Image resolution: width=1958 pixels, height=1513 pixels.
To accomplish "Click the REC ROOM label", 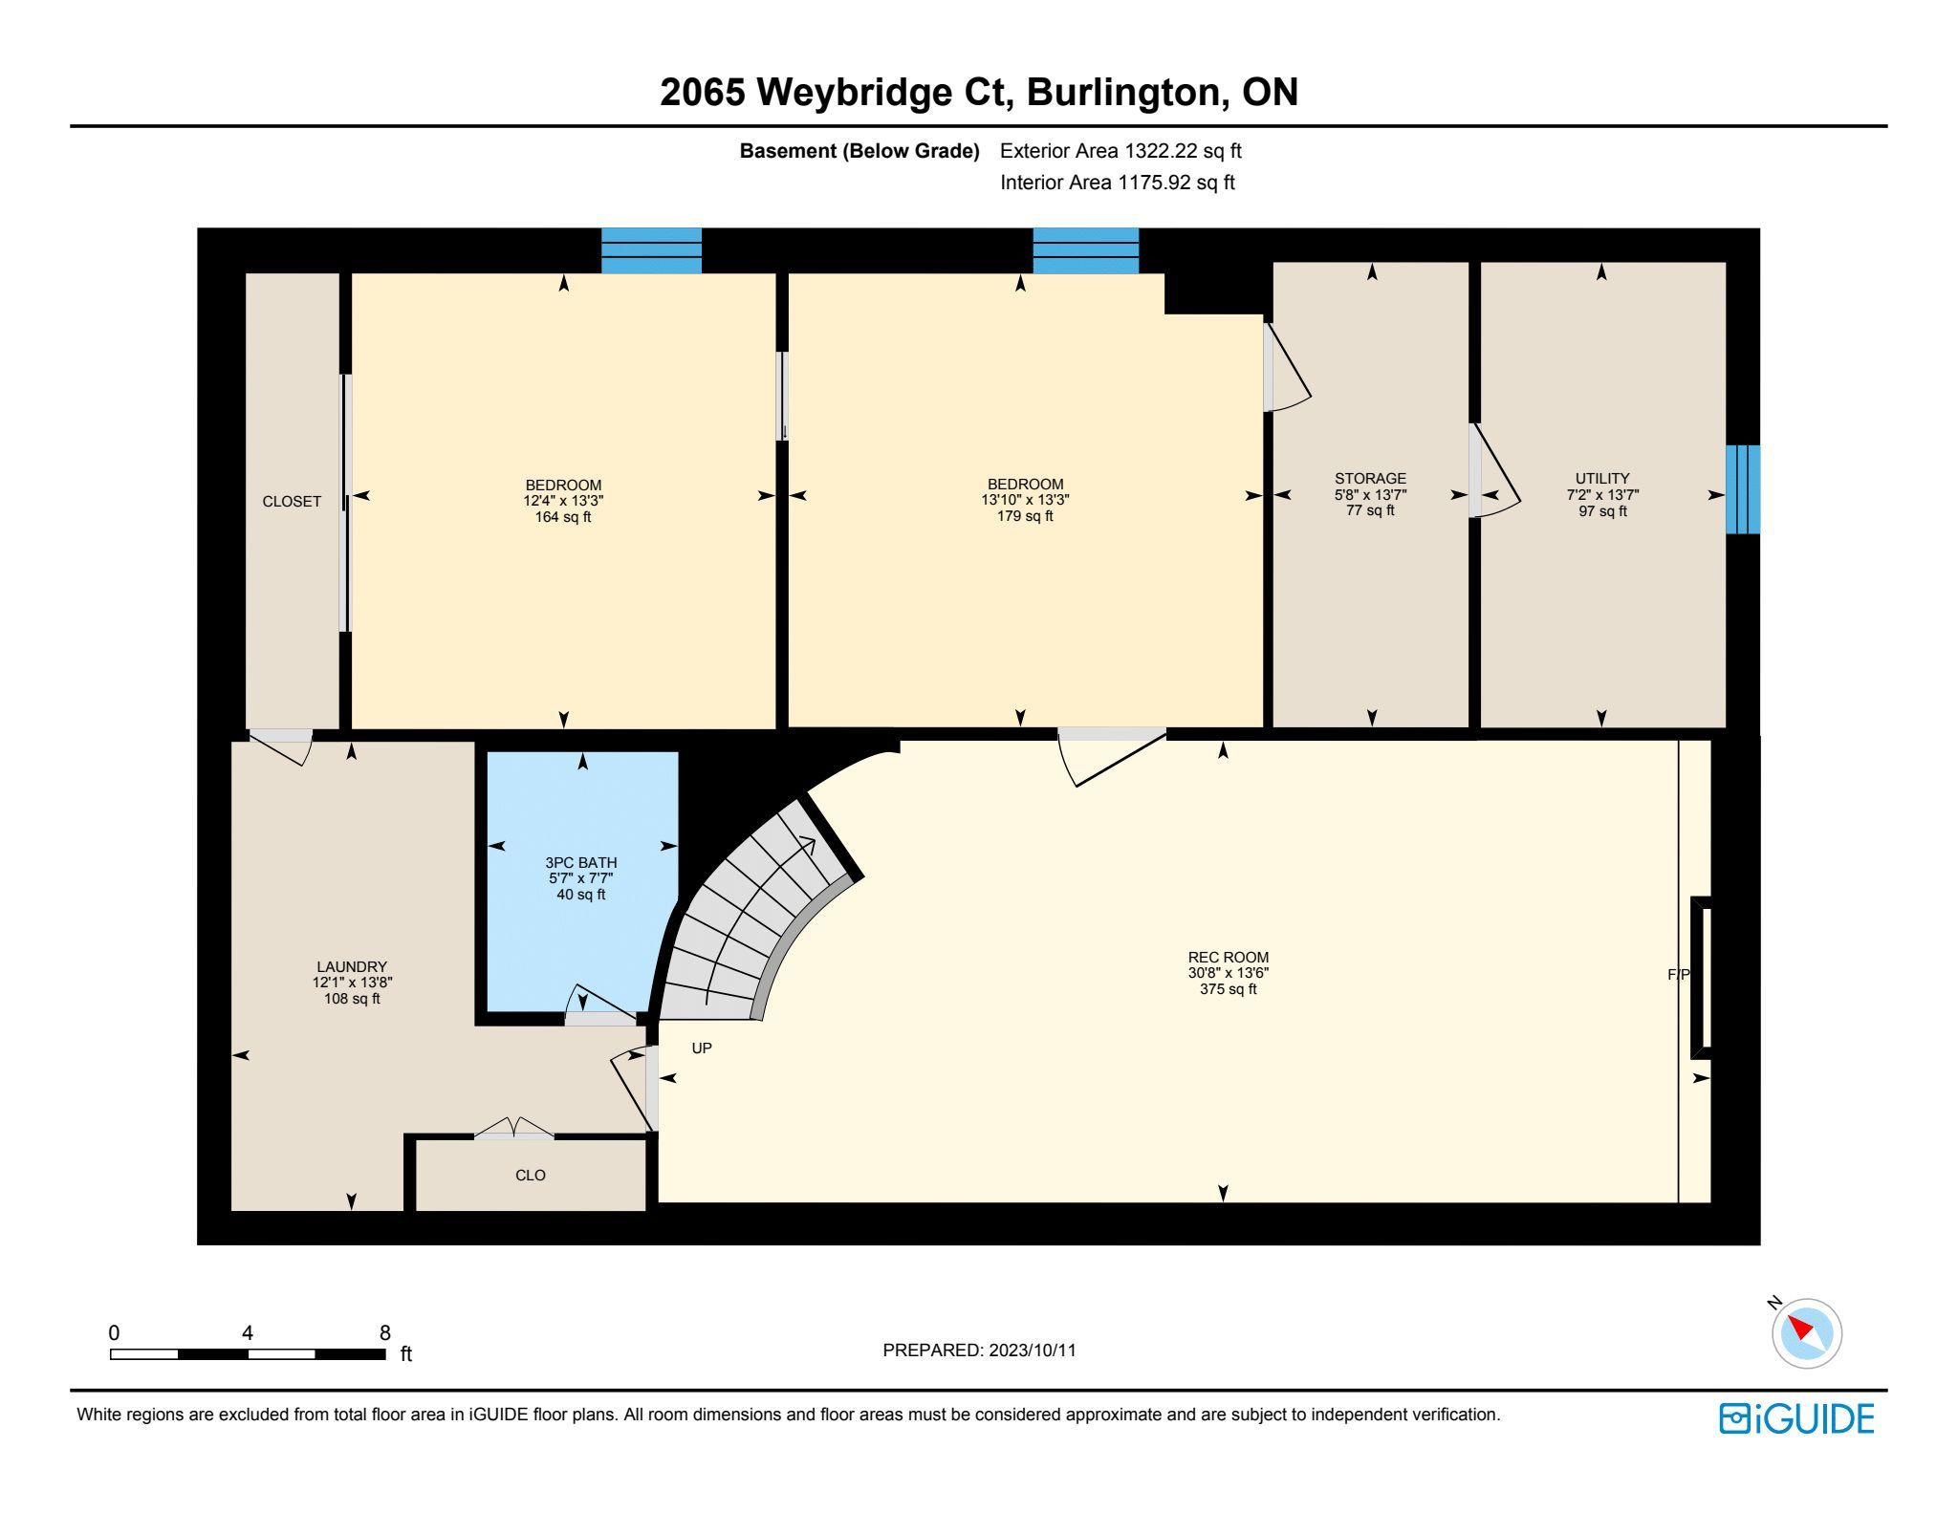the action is (1229, 957).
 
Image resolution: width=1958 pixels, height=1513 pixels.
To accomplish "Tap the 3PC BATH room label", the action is (581, 862).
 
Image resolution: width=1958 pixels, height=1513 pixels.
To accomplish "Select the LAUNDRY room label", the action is (352, 966).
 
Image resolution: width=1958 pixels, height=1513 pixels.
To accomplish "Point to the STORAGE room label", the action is (1370, 478).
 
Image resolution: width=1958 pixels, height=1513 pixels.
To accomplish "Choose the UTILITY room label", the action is (1602, 478).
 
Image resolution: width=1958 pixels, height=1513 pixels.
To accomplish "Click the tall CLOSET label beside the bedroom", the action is (292, 501).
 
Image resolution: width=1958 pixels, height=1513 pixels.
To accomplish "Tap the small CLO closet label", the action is (531, 1175).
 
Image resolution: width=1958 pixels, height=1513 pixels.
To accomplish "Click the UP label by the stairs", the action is (702, 1048).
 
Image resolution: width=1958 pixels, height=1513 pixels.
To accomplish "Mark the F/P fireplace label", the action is (1679, 974).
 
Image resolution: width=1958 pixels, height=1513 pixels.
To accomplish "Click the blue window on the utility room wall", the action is (1743, 489).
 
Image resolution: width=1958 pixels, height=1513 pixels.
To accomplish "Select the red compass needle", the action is (1800, 1328).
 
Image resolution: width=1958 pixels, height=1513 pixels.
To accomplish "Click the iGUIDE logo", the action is (1796, 1418).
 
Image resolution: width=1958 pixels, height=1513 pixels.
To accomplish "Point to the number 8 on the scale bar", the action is (385, 1332).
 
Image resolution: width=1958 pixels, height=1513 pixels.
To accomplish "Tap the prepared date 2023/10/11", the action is (1033, 1350).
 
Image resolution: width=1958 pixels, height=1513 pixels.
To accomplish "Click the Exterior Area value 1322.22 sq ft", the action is (1183, 150).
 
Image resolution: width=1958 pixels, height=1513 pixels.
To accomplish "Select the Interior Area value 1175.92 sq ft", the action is (1176, 182).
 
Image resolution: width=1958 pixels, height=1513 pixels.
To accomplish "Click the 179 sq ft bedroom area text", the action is (1025, 516).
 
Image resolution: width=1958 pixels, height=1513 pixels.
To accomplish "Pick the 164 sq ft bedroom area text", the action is (563, 517).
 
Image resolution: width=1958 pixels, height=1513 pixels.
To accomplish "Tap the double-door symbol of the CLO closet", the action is (514, 1128).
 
